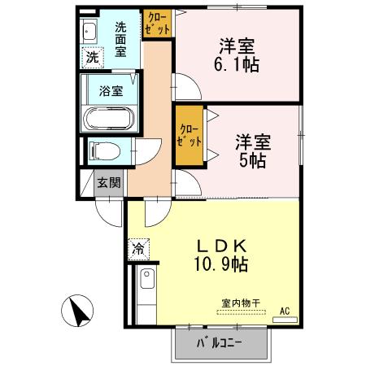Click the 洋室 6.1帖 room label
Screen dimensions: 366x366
pyautogui.click(x=238, y=54)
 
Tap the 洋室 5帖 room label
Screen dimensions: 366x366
pyautogui.click(x=249, y=150)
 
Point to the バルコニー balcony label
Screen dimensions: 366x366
pyautogui.click(x=220, y=342)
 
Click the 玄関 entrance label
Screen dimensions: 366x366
pyautogui.click(x=108, y=182)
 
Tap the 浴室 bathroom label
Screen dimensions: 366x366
pyautogui.click(x=111, y=90)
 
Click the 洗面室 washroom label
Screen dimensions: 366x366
pyautogui.click(x=120, y=37)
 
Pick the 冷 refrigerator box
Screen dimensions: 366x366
pyautogui.click(x=138, y=246)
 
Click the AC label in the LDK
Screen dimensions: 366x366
pyautogui.click(x=285, y=310)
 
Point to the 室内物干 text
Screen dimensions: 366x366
pyautogui.click(x=240, y=303)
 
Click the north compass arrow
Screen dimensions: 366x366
pyautogui.click(x=78, y=310)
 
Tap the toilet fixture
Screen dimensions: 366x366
pyautogui.click(x=103, y=150)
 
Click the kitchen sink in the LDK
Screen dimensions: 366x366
pyautogui.click(x=146, y=281)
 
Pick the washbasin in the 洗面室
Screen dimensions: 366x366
pyautogui.click(x=89, y=33)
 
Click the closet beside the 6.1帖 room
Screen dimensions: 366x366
pyautogui.click(x=158, y=23)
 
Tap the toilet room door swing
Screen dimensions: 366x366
pyautogui.click(x=146, y=154)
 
